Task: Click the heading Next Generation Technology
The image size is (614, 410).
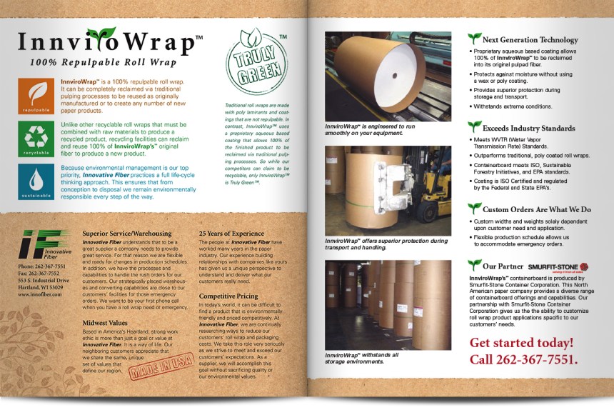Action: pyautogui.click(x=530, y=40)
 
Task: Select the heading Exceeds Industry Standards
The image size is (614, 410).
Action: pyautogui.click(x=528, y=127)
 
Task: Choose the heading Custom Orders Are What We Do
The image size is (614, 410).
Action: pyautogui.click(x=536, y=210)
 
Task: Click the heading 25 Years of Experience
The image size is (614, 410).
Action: pyautogui.click(x=231, y=234)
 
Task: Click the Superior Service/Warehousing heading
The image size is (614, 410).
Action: pyautogui.click(x=126, y=234)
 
